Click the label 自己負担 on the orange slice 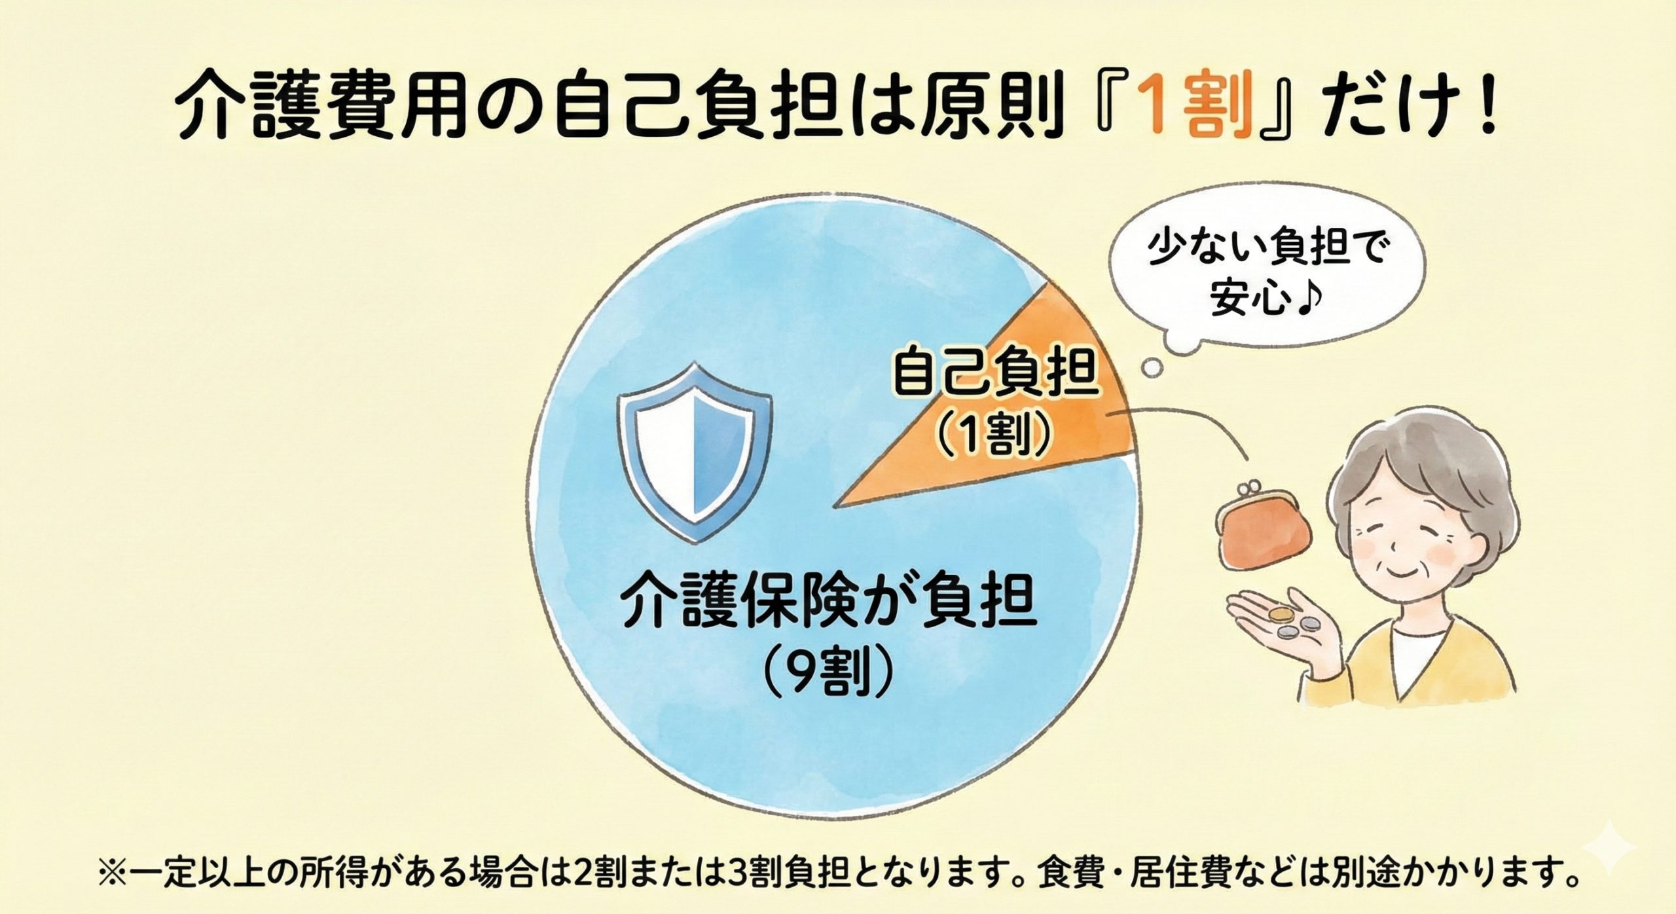click(x=995, y=376)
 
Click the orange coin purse click(x=1273, y=534)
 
